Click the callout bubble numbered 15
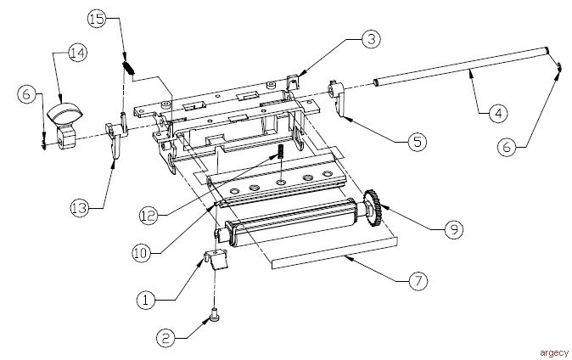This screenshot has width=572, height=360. (98, 19)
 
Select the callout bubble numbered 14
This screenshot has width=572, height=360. (77, 53)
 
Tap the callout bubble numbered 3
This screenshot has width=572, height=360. (371, 39)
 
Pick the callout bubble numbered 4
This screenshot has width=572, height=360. (497, 114)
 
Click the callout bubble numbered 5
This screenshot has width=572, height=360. (417, 142)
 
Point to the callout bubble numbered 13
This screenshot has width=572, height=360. (80, 209)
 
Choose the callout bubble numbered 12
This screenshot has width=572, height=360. (149, 216)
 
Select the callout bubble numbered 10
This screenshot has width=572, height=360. (142, 253)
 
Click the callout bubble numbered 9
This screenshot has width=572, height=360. (453, 229)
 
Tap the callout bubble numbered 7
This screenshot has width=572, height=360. (418, 281)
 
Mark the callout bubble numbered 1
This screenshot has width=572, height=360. (147, 300)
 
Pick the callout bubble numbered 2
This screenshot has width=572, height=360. (166, 339)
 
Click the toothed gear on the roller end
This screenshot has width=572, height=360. (372, 208)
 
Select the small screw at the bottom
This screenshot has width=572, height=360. (214, 314)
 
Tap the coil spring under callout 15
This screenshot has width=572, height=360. (127, 68)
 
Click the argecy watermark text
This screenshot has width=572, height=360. (554, 352)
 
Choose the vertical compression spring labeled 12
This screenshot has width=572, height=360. (281, 151)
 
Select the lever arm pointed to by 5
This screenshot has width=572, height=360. (338, 98)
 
